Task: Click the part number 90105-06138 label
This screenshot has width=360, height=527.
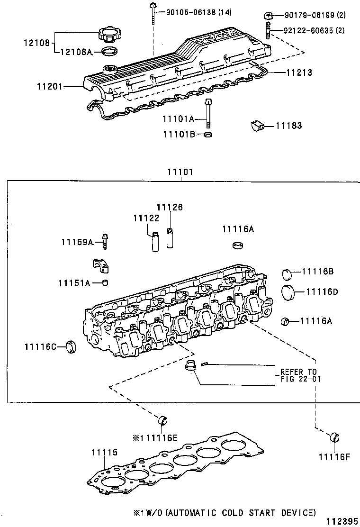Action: [198, 12]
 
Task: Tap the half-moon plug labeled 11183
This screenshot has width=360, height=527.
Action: [256, 126]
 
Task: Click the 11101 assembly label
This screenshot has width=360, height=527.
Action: [180, 172]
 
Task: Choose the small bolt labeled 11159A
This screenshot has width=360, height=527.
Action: [105, 241]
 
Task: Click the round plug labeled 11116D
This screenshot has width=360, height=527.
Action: [288, 292]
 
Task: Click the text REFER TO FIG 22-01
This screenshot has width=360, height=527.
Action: [298, 375]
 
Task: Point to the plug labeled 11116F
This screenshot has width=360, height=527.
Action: [335, 436]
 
